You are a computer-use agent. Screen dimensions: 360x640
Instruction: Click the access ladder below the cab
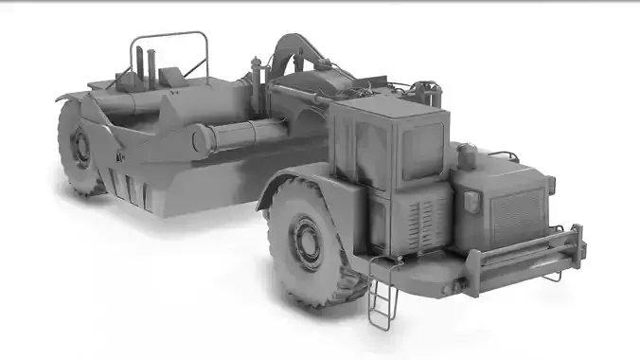click(382, 294)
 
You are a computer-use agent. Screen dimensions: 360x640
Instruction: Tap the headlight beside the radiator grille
click(470, 201)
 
